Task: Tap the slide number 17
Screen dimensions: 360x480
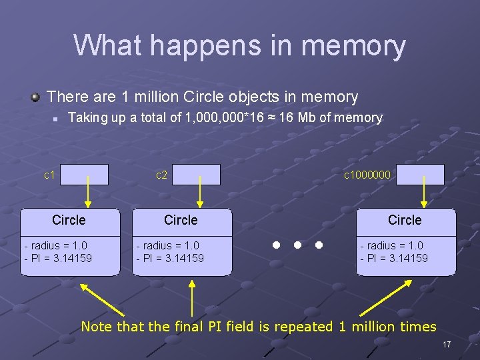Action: pyautogui.click(x=447, y=345)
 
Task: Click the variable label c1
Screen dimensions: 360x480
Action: pyautogui.click(x=49, y=175)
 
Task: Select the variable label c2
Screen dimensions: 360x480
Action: pyautogui.click(x=161, y=175)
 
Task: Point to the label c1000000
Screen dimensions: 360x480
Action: pyautogui.click(x=367, y=175)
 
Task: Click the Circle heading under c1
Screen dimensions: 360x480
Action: pyautogui.click(x=69, y=220)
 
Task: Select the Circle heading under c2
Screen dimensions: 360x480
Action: pyautogui.click(x=181, y=220)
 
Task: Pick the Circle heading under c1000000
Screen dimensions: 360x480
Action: pyautogui.click(x=405, y=220)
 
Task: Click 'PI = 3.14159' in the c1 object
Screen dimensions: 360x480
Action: pyautogui.click(x=60, y=258)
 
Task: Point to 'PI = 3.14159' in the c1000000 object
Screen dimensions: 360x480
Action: pyautogui.click(x=396, y=258)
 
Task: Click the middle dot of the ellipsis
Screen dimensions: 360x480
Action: pyautogui.click(x=297, y=245)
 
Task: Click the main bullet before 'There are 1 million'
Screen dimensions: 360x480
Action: pyautogui.click(x=35, y=97)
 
